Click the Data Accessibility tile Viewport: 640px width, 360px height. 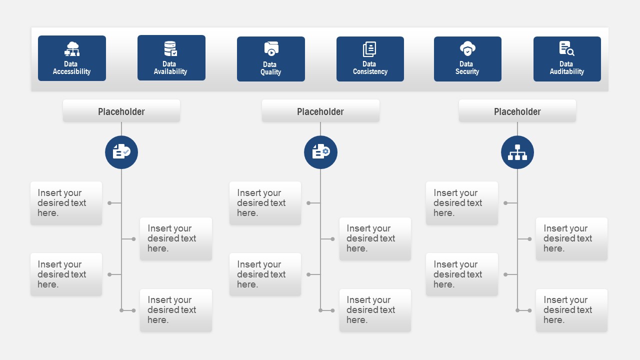[x=72, y=58]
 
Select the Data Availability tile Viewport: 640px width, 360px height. [x=171, y=58]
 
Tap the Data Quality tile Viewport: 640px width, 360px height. [x=270, y=59]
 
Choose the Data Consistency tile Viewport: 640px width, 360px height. [x=370, y=59]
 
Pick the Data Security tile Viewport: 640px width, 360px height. [x=467, y=59]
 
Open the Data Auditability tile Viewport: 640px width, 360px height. [x=567, y=59]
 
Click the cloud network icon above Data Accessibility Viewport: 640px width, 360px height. [x=72, y=49]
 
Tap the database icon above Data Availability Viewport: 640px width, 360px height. [x=170, y=48]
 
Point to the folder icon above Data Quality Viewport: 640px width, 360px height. [x=271, y=49]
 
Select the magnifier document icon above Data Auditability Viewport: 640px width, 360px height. [x=566, y=48]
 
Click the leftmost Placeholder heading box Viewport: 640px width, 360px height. [x=121, y=111]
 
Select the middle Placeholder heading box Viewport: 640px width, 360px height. [x=320, y=111]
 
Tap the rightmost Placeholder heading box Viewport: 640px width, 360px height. [x=517, y=111]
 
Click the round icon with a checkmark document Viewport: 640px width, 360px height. [x=121, y=152]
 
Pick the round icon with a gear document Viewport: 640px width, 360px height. [x=320, y=152]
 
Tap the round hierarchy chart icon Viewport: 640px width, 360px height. [x=517, y=152]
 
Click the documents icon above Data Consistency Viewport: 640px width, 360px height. [x=369, y=49]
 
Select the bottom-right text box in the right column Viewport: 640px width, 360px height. [x=571, y=310]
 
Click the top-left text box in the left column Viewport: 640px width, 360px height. [x=66, y=203]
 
